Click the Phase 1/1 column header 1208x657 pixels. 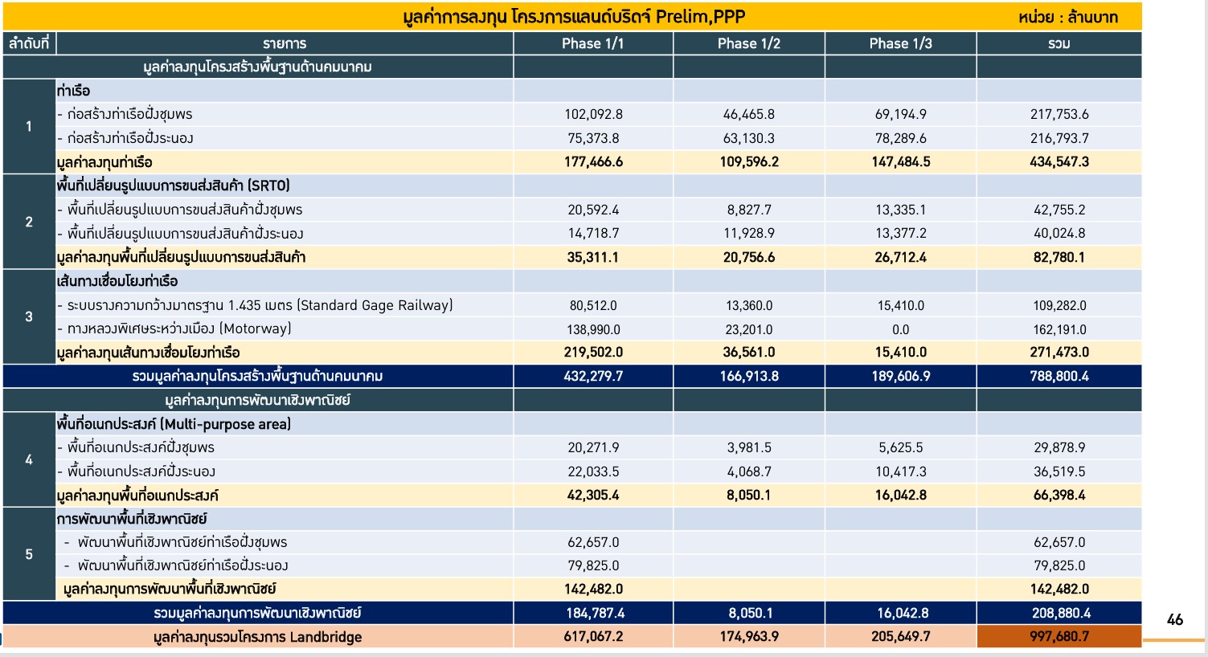coord(592,43)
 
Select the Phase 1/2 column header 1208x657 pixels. coord(748,43)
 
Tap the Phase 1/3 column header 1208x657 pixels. coord(900,43)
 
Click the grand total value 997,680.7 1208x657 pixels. coord(1059,637)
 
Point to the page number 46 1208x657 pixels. coord(1174,620)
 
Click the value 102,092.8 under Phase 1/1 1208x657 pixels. coord(593,114)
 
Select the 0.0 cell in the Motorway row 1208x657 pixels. coord(900,329)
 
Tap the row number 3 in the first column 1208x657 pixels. coord(29,316)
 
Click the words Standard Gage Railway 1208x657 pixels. coord(375,305)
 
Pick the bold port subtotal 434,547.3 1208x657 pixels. coord(1059,162)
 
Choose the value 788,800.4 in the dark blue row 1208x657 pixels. coord(1059,376)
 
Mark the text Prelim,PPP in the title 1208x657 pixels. coord(700,17)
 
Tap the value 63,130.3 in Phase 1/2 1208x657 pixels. coord(748,138)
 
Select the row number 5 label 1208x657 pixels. coord(29,554)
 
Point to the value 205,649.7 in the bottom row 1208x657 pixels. coord(901,637)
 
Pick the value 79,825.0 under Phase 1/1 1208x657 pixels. coord(593,565)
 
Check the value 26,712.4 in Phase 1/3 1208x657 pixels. coord(901,258)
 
